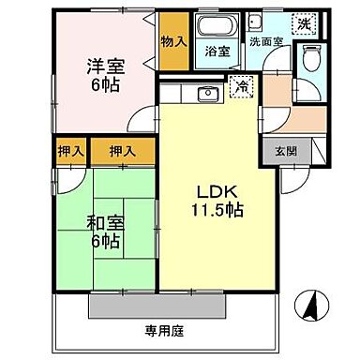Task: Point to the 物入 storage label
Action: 172,41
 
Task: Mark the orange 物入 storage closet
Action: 172,42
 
